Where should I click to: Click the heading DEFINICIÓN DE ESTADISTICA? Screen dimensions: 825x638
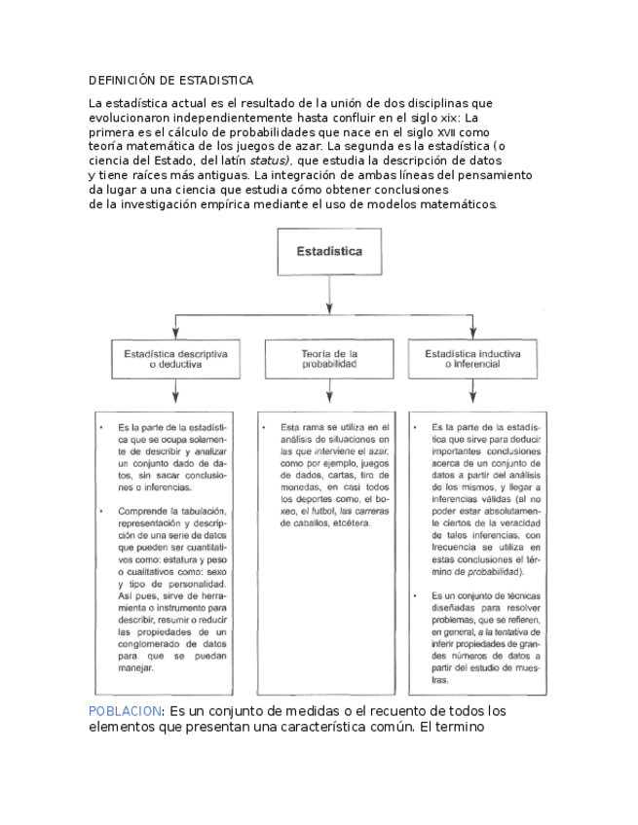pyautogui.click(x=170, y=79)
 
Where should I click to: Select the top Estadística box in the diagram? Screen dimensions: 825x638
pyautogui.click(x=329, y=251)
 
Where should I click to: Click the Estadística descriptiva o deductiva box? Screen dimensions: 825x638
pyautogui.click(x=175, y=359)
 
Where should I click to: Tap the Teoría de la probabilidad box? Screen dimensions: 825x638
pyautogui.click(x=329, y=359)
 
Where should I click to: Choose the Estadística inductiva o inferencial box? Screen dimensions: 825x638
pyautogui.click(x=471, y=359)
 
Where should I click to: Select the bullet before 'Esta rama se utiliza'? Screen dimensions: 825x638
pyautogui.click(x=265, y=427)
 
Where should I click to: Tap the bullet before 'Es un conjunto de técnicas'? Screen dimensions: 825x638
pyautogui.click(x=417, y=594)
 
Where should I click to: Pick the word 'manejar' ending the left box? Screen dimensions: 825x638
pyautogui.click(x=136, y=668)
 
